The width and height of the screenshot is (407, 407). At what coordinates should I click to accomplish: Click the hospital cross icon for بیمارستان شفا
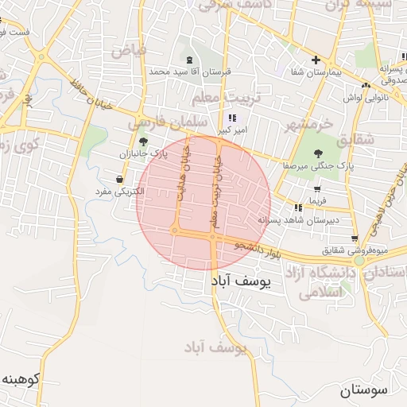(316, 60)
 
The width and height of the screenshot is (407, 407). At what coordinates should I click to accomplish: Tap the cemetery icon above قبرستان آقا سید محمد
(189, 60)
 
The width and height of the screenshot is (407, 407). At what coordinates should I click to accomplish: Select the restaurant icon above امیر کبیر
(231, 117)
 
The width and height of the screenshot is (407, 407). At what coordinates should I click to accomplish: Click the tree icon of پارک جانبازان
(143, 141)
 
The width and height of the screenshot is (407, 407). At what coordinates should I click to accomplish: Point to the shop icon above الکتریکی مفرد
(119, 180)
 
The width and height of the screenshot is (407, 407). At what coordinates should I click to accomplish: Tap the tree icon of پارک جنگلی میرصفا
(319, 153)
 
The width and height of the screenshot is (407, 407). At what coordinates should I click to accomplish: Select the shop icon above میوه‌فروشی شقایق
(354, 238)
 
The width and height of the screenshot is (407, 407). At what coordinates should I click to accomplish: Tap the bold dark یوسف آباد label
(242, 282)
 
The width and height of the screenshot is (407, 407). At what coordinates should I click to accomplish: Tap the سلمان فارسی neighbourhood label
(172, 122)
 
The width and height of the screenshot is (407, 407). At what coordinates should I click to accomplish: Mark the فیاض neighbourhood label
(129, 52)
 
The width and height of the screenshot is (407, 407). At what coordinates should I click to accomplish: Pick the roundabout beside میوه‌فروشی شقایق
(359, 260)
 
